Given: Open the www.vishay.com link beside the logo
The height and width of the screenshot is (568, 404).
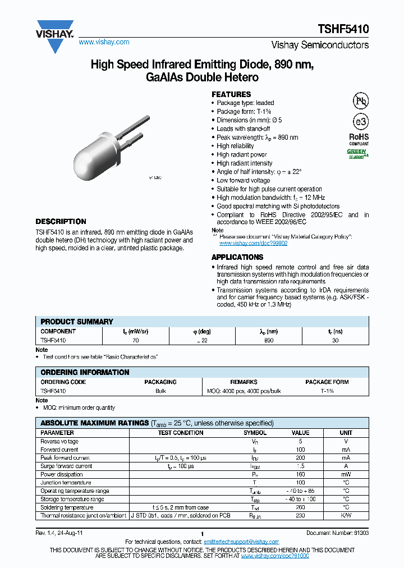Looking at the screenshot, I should pos(104,42).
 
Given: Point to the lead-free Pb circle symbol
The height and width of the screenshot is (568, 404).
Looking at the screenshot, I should pos(360,101).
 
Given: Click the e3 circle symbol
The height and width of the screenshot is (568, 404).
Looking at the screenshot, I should pos(360,122).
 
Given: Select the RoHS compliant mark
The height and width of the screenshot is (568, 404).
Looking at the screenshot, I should pos(359,138).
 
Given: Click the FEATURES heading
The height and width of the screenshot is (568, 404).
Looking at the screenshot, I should pos(231,94).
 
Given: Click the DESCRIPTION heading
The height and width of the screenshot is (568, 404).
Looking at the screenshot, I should pos(61,222).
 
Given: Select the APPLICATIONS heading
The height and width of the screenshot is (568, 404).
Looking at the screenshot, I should pos(237,257).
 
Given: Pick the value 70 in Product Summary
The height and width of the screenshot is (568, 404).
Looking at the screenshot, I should pos(135,340).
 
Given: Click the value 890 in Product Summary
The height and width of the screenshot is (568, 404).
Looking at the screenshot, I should pos(269,340).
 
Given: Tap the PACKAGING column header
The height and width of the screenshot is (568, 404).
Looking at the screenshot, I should pos(160,382).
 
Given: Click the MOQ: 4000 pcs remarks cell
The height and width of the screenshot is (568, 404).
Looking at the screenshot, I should pos(244,391).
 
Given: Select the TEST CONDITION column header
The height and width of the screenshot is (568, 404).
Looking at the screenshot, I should pos(181,433).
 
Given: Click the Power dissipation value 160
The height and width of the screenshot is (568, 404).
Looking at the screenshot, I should pos(300,474).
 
